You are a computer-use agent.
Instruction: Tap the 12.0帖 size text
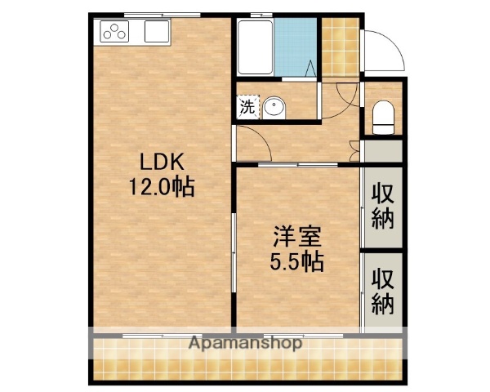(159, 186)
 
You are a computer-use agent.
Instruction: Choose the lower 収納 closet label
(383, 291)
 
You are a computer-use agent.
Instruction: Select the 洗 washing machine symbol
(246, 105)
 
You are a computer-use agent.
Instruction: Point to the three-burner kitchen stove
(114, 33)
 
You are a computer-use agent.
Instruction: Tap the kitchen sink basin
(156, 33)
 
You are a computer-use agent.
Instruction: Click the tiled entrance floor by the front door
(340, 47)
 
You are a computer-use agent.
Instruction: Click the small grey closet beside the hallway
(382, 151)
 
